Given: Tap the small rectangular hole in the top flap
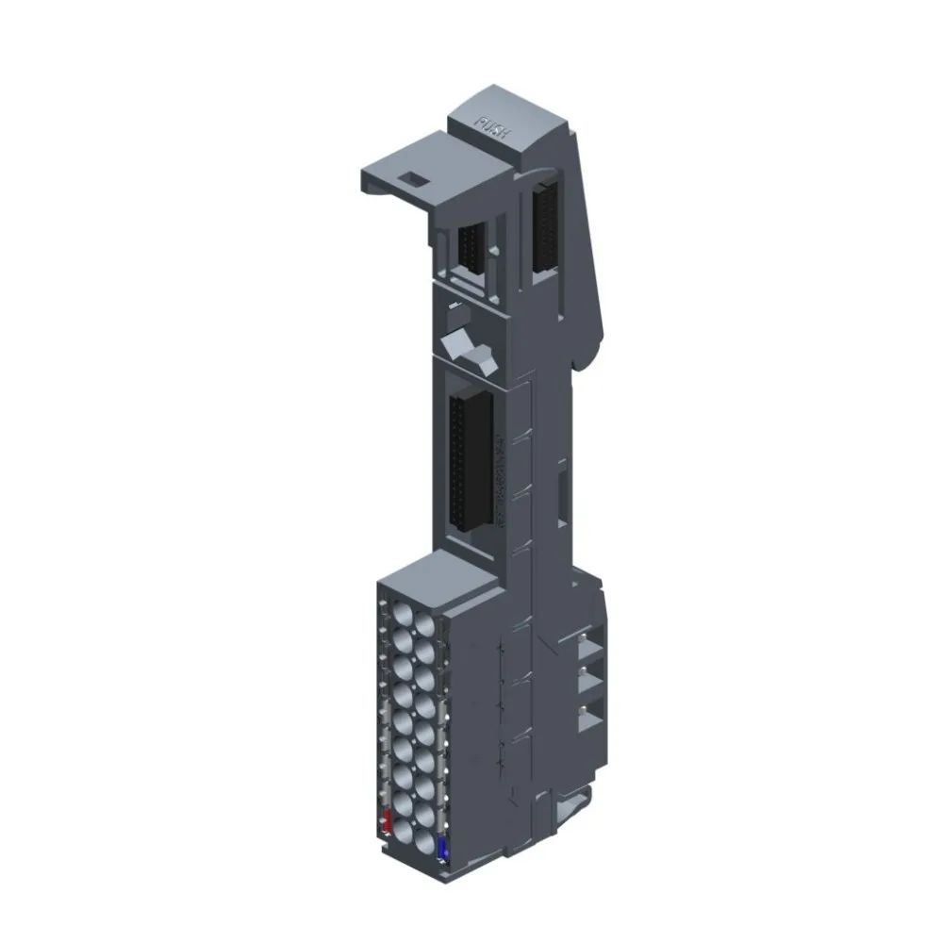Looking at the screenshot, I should [411, 177].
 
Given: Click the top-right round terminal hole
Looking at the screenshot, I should [425, 627].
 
